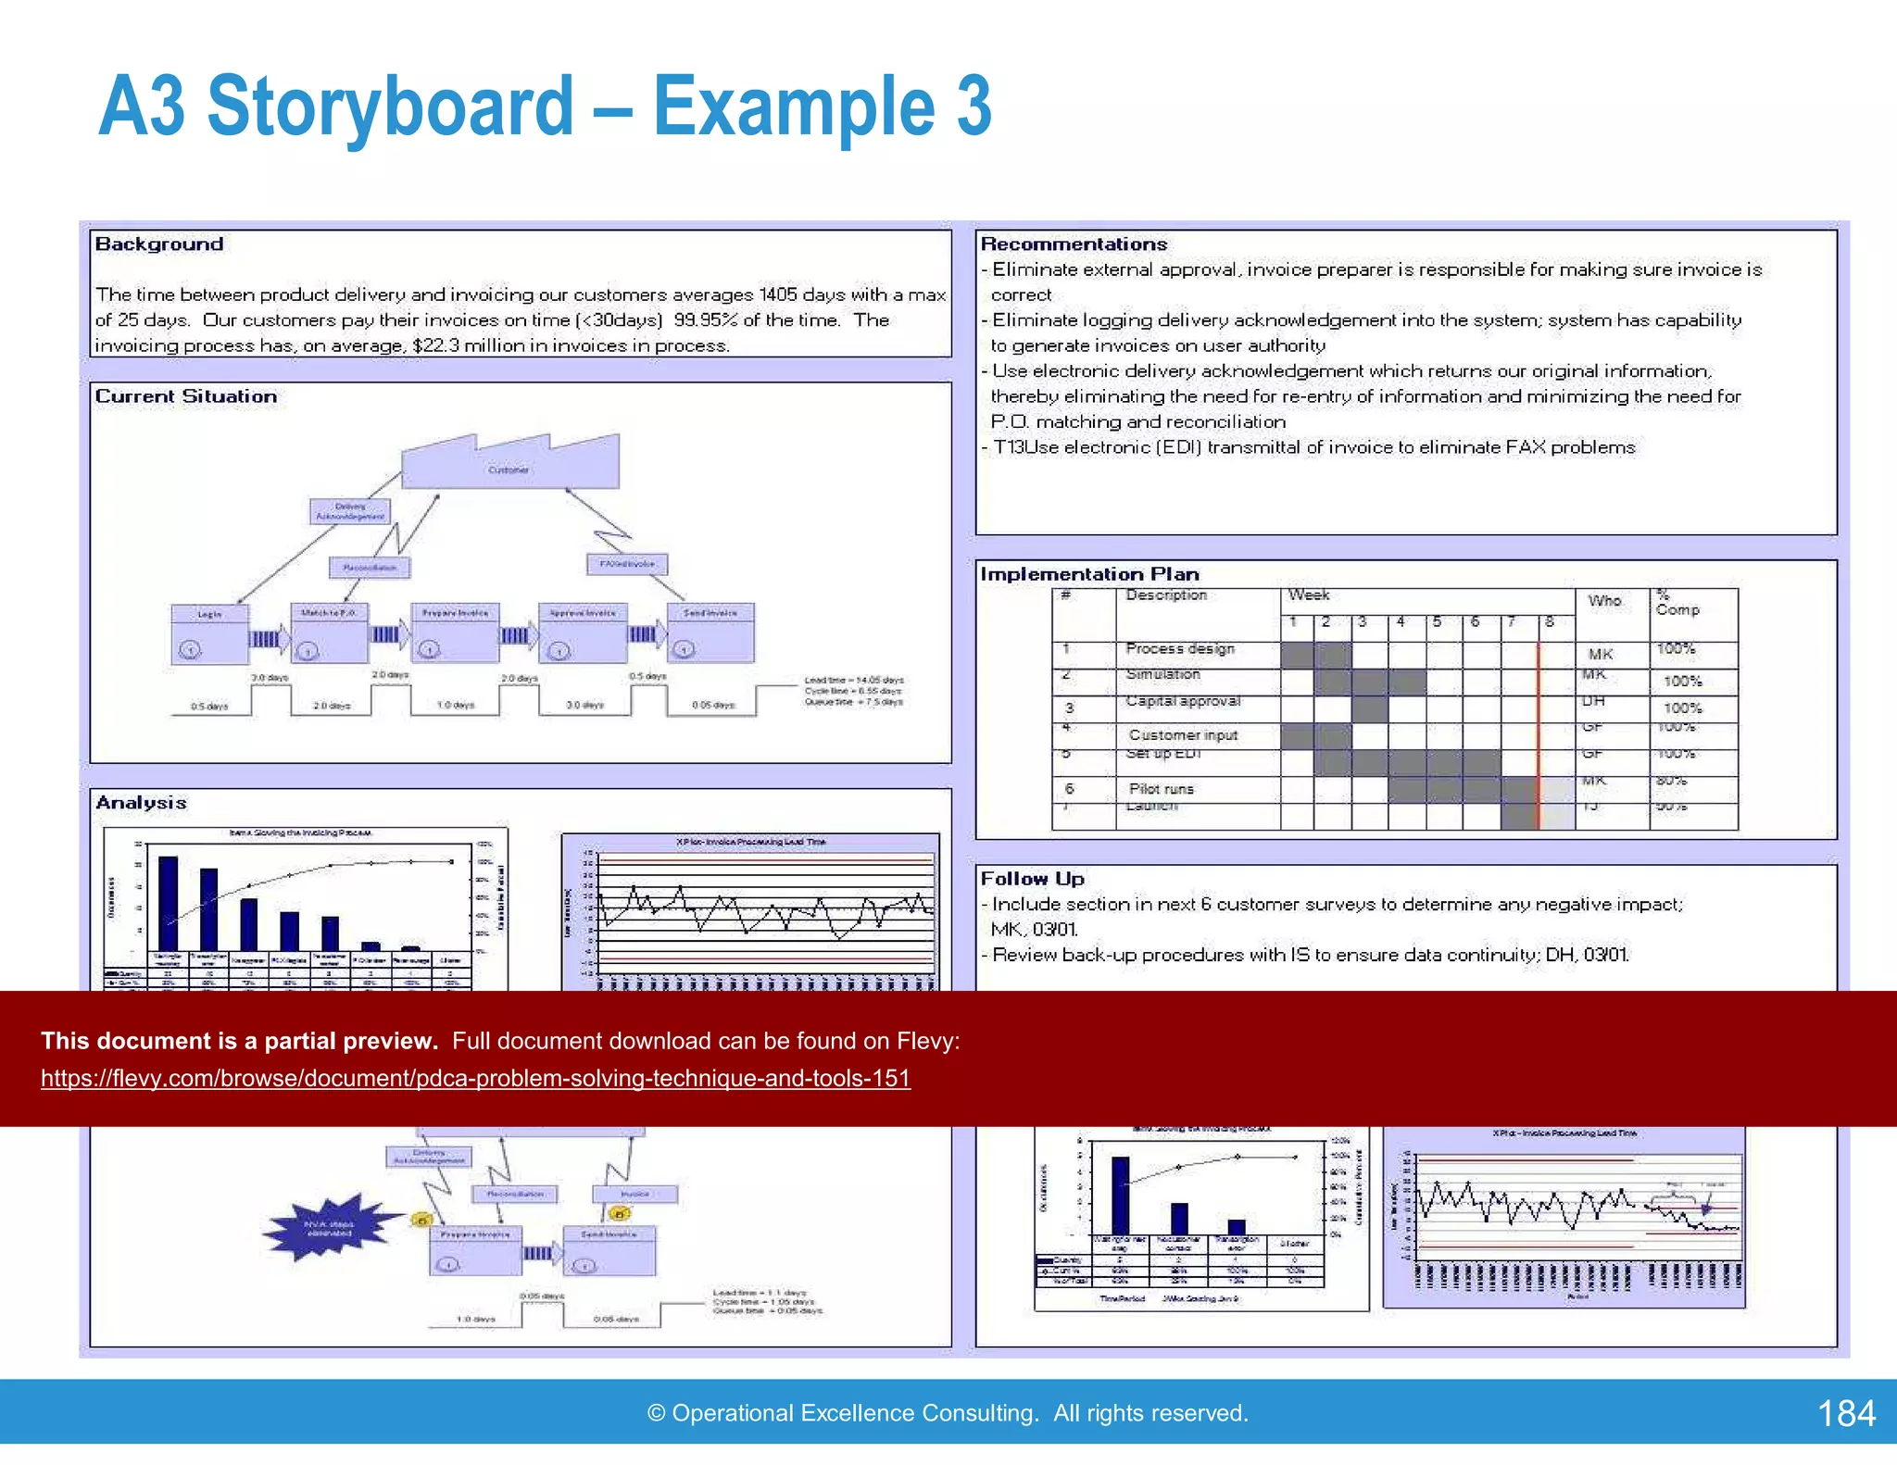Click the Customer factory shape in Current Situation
(x=509, y=466)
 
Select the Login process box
(x=209, y=634)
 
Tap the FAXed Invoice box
(x=627, y=564)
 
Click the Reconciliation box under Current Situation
(x=370, y=568)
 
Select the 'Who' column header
(x=1605, y=601)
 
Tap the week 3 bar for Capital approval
(x=1369, y=708)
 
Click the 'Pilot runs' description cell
(x=1162, y=789)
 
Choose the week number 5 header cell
(x=1438, y=622)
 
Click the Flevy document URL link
(x=475, y=1079)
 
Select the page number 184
(x=1845, y=1413)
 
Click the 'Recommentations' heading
(x=1074, y=244)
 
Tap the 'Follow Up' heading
(x=1032, y=879)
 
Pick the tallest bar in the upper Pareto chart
(x=169, y=903)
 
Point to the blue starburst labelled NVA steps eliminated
(x=330, y=1229)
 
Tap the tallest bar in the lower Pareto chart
(x=1120, y=1195)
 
